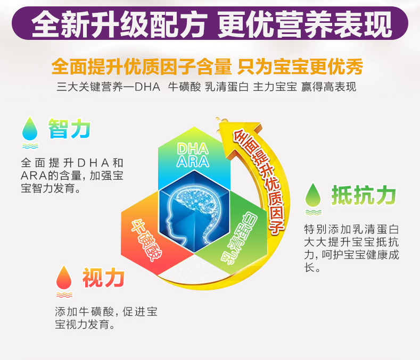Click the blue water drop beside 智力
click(x=30, y=129)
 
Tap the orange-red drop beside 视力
click(x=64, y=278)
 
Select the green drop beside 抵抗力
click(x=313, y=195)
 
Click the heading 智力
click(x=69, y=129)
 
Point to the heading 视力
click(x=103, y=278)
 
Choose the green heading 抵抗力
click(x=364, y=195)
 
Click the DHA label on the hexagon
click(x=193, y=149)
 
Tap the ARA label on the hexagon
click(x=193, y=162)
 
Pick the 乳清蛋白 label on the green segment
click(x=239, y=238)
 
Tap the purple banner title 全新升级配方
click(x=119, y=24)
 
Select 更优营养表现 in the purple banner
click(x=305, y=24)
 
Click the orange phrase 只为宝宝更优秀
click(x=300, y=66)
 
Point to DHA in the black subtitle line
click(x=147, y=87)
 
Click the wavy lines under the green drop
click(x=313, y=213)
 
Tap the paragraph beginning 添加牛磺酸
click(x=106, y=318)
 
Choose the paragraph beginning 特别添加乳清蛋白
click(x=351, y=248)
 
